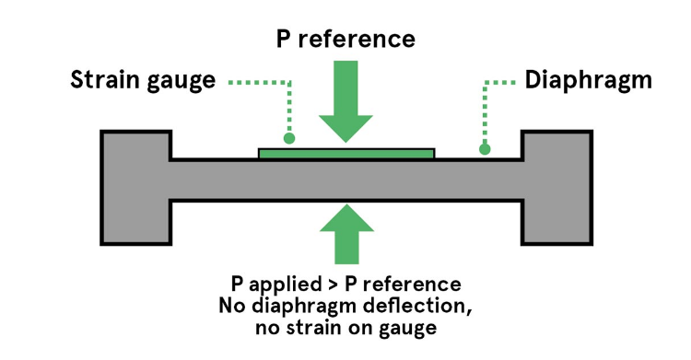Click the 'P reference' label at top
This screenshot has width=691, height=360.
(x=345, y=39)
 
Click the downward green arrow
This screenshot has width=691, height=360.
(x=345, y=101)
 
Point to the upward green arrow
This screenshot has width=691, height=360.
(x=345, y=233)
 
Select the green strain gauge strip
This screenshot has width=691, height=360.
(x=345, y=153)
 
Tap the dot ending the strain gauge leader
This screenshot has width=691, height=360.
(x=289, y=138)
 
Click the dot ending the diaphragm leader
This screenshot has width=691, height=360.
(x=485, y=148)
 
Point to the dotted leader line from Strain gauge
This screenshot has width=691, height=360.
(x=258, y=82)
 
